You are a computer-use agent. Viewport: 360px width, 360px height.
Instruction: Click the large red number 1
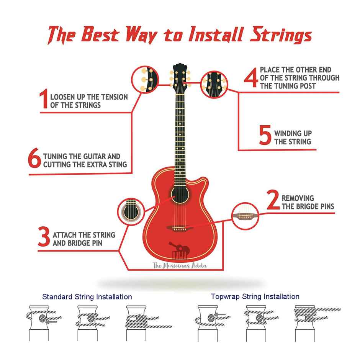(44, 98)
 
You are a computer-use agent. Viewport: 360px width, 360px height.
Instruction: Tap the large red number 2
(273, 200)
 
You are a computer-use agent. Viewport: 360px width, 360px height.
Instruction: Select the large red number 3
(44, 236)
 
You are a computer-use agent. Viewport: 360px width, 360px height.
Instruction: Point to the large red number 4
(251, 78)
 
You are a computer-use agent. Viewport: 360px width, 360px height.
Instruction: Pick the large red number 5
(265, 135)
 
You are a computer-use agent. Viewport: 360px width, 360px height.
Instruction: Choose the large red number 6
(34, 158)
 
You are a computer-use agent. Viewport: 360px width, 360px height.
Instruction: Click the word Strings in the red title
(281, 35)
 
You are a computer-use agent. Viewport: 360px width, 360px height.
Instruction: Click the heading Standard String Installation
(87, 297)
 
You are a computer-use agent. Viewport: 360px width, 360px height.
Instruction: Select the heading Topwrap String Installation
(255, 296)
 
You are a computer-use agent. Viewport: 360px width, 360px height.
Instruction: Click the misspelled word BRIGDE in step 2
(308, 206)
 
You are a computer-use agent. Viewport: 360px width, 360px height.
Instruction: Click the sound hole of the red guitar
(180, 195)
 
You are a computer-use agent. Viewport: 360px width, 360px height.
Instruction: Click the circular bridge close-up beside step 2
(245, 216)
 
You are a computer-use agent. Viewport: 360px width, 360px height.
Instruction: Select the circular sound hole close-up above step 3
(131, 211)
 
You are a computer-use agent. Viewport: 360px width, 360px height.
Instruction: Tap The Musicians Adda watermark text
(180, 266)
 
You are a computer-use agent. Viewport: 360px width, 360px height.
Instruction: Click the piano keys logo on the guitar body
(180, 255)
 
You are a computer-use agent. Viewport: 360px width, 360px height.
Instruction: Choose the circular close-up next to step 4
(214, 84)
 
